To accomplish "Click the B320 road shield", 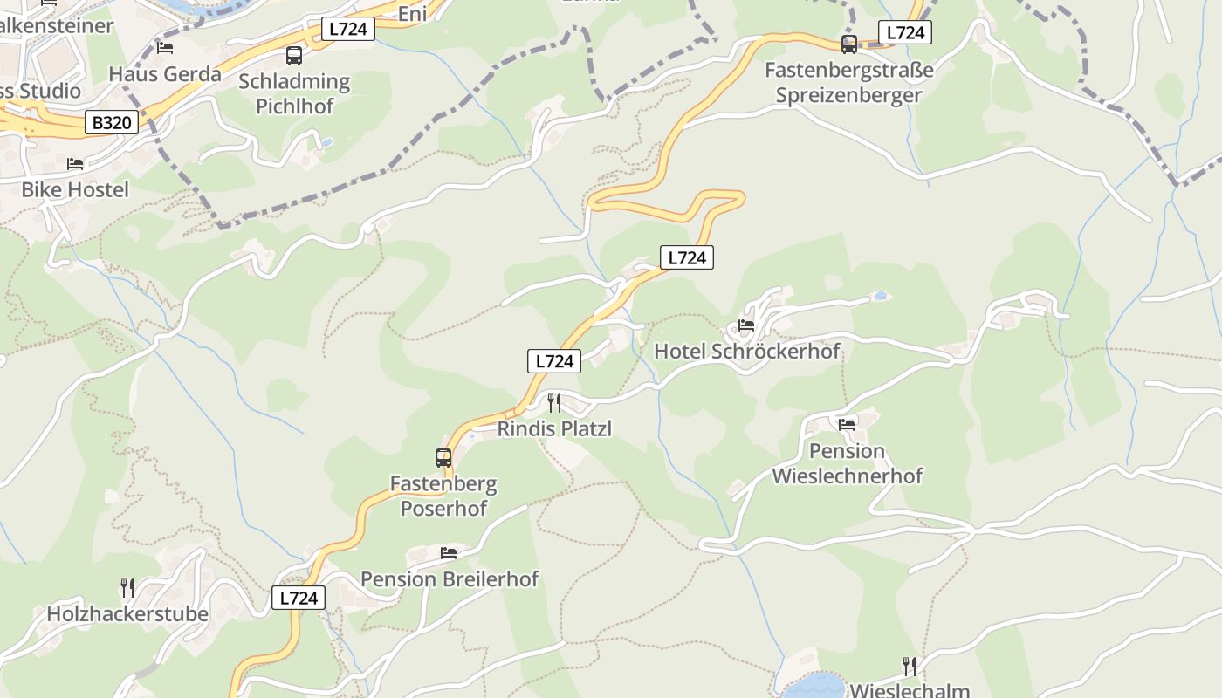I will tap(112, 122).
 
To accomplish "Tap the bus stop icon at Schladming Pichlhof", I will tap(294, 56).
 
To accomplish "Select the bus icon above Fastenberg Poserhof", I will tap(443, 457).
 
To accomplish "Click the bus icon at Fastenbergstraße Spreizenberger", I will tap(849, 44).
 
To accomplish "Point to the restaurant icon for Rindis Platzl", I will tap(553, 403).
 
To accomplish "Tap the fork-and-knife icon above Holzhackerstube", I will tap(127, 587).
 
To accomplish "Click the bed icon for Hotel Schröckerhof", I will tap(746, 325).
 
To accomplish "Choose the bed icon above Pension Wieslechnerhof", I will tap(847, 425).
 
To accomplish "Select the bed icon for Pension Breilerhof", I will tap(449, 552).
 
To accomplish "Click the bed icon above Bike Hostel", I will tap(75, 163).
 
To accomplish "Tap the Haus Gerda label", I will tap(165, 73).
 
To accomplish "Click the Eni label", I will tap(412, 13).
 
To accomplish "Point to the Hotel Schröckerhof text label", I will tap(747, 351).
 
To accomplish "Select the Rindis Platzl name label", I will tap(554, 428).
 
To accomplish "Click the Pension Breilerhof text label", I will tap(450, 578).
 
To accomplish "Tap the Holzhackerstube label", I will tap(127, 613).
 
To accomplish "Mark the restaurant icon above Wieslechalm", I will tap(910, 667).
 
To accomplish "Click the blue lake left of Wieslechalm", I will tap(814, 685).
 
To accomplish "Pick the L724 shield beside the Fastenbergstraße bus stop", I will tap(904, 33).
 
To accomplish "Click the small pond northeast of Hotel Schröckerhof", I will tap(881, 296).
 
